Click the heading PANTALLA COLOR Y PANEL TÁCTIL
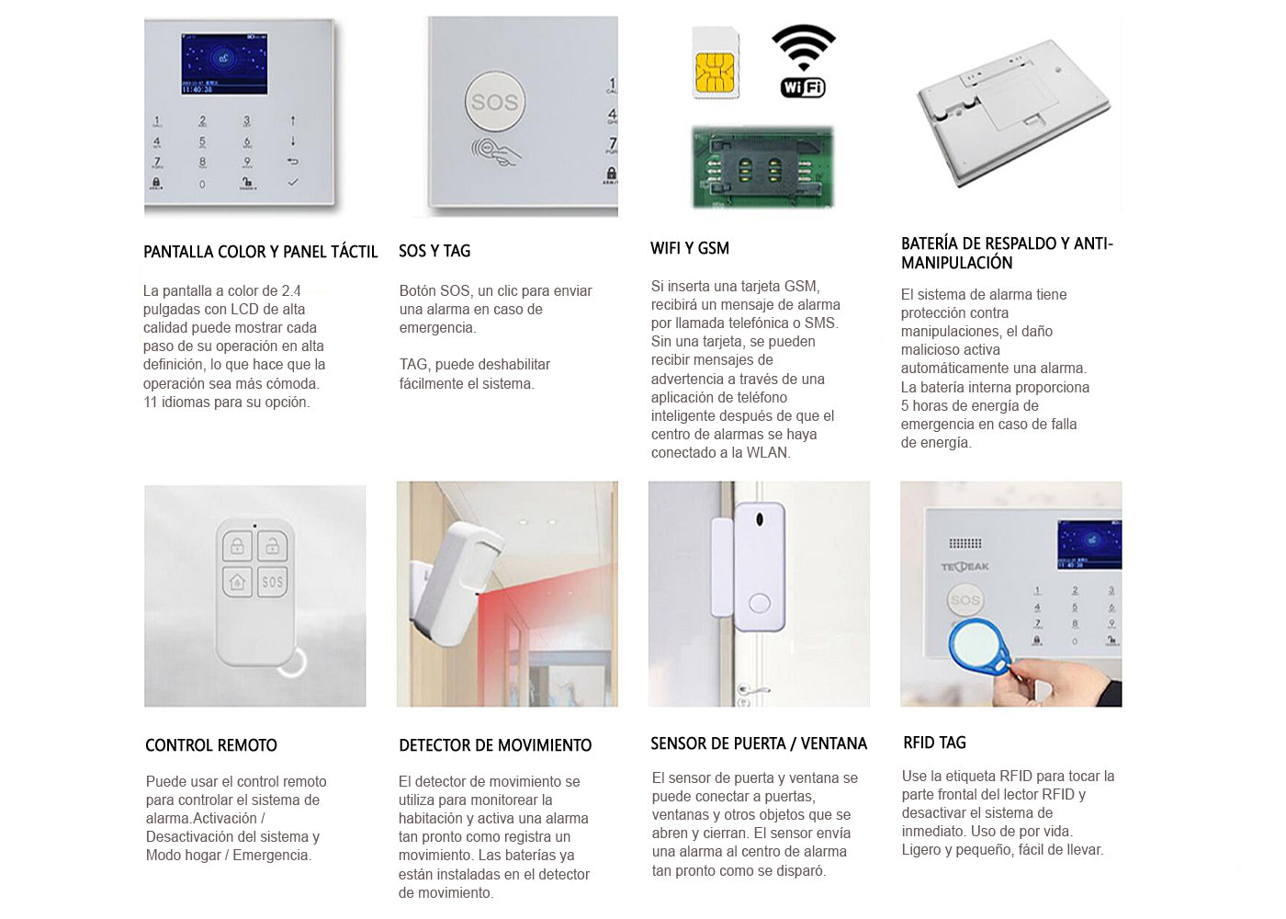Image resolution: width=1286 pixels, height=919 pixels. pyautogui.click(x=260, y=252)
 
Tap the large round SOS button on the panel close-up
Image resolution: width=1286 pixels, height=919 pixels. pyautogui.click(x=494, y=103)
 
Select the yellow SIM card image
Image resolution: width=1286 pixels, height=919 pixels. pyautogui.click(x=716, y=63)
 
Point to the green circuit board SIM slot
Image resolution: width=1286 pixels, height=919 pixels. pyautogui.click(x=761, y=167)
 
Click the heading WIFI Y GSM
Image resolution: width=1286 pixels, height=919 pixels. pyautogui.click(x=689, y=248)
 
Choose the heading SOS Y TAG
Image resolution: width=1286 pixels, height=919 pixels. pyautogui.click(x=434, y=251)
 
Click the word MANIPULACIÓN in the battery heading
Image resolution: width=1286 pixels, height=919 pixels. pyautogui.click(x=956, y=263)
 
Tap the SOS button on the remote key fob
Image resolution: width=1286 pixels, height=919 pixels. pyautogui.click(x=273, y=582)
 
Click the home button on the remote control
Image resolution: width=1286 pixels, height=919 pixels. pyautogui.click(x=237, y=582)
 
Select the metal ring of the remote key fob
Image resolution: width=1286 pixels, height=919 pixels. pyautogui.click(x=292, y=663)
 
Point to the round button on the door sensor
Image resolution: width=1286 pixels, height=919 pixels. pyautogui.click(x=760, y=604)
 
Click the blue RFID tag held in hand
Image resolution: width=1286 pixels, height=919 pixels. pyautogui.click(x=977, y=645)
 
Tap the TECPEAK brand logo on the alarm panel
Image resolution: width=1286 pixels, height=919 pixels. pyautogui.click(x=964, y=566)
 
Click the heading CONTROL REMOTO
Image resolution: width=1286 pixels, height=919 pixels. pyautogui.click(x=211, y=745)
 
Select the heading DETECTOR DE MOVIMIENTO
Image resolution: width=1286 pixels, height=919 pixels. pyautogui.click(x=495, y=745)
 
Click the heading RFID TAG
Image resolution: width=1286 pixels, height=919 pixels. pyautogui.click(x=934, y=743)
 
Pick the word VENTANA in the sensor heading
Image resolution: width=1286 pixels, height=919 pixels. pyautogui.click(x=834, y=743)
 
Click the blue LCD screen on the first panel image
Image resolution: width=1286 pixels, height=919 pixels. pyautogui.click(x=224, y=64)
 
